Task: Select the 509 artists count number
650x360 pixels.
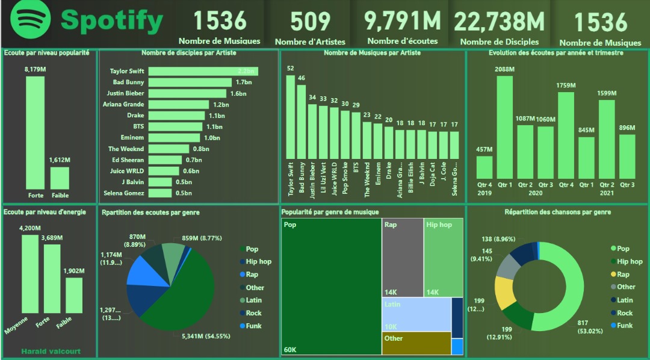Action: [311, 21]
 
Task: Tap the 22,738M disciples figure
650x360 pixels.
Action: [499, 21]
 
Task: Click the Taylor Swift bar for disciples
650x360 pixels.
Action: [203, 71]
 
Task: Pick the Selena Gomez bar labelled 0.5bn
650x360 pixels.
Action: [160, 193]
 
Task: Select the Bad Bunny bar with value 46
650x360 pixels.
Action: [302, 121]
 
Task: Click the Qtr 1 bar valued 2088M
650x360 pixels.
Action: [504, 127]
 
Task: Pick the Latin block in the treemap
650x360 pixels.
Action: [415, 314]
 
